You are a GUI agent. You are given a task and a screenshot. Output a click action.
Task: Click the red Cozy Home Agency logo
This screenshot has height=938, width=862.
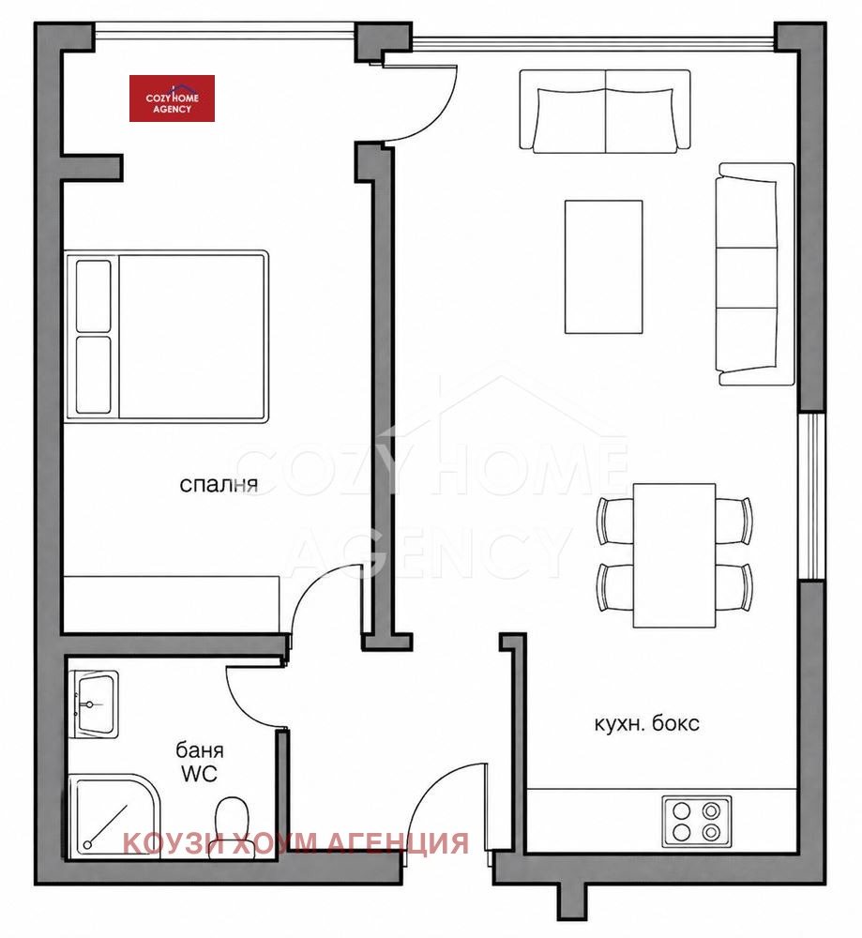[x=172, y=98]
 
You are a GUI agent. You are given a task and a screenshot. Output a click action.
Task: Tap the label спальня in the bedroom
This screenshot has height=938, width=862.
[x=219, y=485]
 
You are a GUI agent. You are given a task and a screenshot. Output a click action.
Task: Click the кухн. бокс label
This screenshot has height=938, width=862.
[x=646, y=724]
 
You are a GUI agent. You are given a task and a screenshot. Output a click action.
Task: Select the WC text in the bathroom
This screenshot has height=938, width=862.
[x=199, y=774]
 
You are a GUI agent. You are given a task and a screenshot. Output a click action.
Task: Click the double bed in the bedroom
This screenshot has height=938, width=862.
[x=167, y=337]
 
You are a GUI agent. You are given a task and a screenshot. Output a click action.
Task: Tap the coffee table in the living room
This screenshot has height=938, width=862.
[x=603, y=266]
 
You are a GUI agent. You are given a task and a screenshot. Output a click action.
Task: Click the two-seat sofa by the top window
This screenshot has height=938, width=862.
[x=605, y=112]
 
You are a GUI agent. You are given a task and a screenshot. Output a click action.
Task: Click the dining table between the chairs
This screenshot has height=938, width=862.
[x=674, y=555]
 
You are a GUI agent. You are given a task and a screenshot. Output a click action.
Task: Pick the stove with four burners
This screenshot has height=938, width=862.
[x=696, y=822]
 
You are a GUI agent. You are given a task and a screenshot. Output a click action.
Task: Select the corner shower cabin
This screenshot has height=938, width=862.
[x=113, y=815]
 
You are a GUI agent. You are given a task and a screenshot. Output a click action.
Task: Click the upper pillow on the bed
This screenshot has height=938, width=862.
[x=93, y=296]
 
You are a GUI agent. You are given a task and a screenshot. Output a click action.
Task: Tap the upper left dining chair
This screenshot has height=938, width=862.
[x=615, y=521]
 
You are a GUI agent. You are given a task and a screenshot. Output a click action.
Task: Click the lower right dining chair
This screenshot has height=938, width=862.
[x=734, y=587]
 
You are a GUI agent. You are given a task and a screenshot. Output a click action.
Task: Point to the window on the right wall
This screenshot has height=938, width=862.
[x=811, y=495]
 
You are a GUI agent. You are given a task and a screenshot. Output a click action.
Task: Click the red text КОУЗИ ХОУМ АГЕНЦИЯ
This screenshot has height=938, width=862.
[x=295, y=843]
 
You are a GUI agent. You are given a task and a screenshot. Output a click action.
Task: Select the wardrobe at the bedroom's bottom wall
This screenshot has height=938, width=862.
[x=171, y=604]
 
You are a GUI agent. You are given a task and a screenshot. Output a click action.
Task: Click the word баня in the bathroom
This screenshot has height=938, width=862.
[x=199, y=750]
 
